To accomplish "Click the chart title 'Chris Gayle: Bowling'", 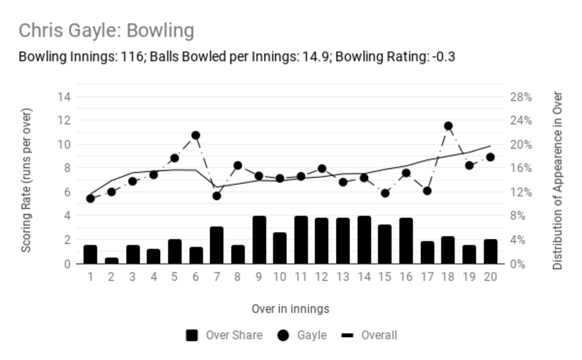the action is pos(107,30).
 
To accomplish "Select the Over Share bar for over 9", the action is pos(259,240).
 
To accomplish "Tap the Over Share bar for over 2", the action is pos(112,261).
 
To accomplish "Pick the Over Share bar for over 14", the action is pos(364,240).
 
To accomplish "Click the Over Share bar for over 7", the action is pos(217,245).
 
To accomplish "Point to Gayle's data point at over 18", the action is pos(448,126).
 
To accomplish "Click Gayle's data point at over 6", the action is pos(196,136).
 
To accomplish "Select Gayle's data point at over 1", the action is pos(90,199).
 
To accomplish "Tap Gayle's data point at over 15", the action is pos(386,193).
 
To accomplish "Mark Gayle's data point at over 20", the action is pos(490,157).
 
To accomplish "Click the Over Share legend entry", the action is pos(224,336).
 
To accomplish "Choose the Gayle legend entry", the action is pos(302,336).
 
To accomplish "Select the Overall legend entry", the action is pos(369,336).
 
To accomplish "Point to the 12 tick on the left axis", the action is pos(64,121).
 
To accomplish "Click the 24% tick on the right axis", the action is pos(521,121).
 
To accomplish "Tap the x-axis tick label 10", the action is pos(280,277).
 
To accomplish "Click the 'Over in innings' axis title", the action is pos(290,308).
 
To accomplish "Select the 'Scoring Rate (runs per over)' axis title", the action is pos(26,181).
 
